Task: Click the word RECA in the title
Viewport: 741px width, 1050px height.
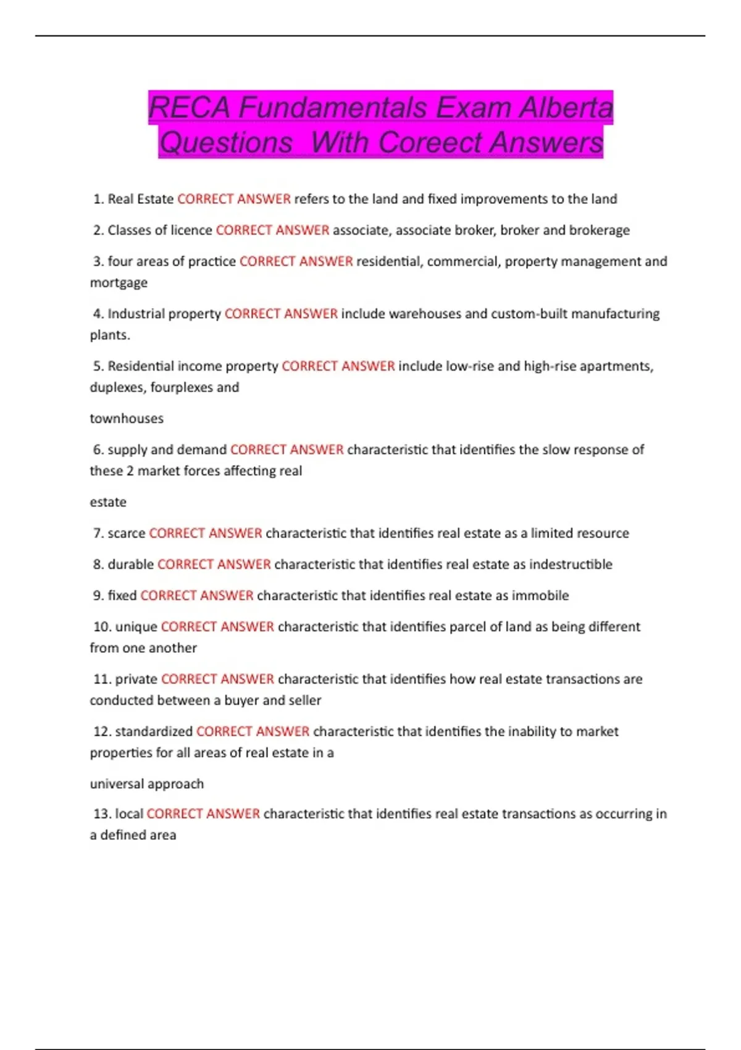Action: click(x=189, y=108)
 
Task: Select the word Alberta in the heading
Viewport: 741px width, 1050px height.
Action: click(x=566, y=108)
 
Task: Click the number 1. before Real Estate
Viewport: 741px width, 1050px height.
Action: click(x=98, y=199)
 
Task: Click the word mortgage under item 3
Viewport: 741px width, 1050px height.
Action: click(x=119, y=283)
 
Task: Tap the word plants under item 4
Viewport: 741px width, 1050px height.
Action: click(x=109, y=335)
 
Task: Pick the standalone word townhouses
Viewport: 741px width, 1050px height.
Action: click(x=127, y=419)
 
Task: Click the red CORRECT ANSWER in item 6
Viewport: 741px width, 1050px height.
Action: click(x=287, y=450)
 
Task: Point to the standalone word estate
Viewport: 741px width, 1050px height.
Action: click(x=108, y=502)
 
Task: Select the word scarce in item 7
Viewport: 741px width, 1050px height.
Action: click(x=127, y=533)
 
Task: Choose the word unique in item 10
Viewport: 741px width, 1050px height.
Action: click(x=136, y=627)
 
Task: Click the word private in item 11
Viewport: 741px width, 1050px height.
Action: click(x=136, y=679)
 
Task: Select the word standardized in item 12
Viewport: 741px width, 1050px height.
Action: click(x=154, y=732)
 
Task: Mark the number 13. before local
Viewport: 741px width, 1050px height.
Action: click(x=102, y=814)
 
